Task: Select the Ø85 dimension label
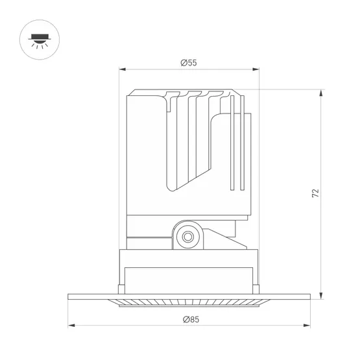[x=189, y=319]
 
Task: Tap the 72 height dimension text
[x=315, y=193]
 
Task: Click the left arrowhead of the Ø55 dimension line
[x=121, y=70]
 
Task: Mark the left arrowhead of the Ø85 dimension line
[x=71, y=326]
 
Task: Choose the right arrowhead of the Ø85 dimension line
[x=308, y=326]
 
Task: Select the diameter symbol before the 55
[x=184, y=63]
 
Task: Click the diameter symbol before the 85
[x=185, y=319]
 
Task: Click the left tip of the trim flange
[x=69, y=297]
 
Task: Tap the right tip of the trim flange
[x=310, y=297]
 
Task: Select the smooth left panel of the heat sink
[x=147, y=156]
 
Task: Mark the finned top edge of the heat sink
[x=188, y=91]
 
